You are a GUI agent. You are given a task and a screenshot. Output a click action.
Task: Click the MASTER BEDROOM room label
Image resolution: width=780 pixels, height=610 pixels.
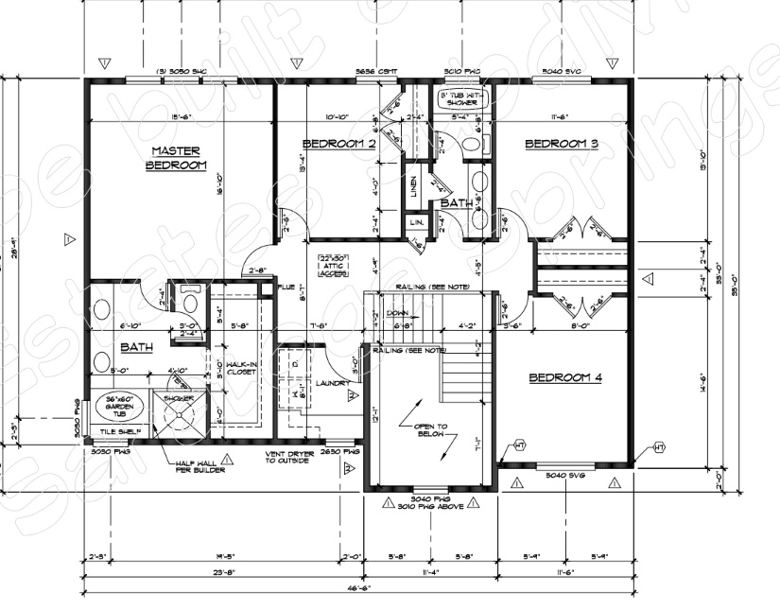[x=176, y=158]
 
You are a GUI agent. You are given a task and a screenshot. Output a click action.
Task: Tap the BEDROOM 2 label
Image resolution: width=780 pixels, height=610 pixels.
[x=338, y=144]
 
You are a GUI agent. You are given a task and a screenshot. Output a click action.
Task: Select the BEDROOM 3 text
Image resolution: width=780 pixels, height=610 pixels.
[x=562, y=144]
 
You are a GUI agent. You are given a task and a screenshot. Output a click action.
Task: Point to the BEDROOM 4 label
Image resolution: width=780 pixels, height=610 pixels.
[x=565, y=377]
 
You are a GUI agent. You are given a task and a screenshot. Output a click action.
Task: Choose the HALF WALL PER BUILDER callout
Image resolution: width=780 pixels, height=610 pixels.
[x=199, y=465]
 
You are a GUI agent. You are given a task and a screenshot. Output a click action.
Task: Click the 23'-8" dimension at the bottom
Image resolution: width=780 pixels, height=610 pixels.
[x=224, y=572]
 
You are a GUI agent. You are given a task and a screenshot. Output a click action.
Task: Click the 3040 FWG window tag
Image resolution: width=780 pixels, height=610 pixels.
[x=431, y=497]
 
